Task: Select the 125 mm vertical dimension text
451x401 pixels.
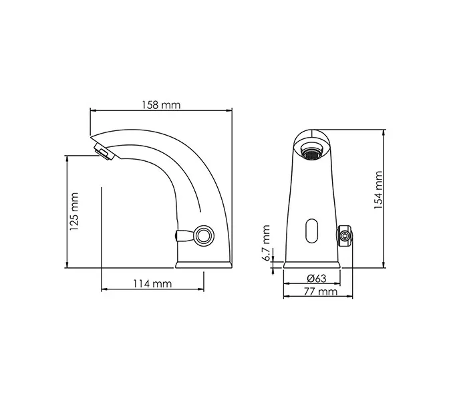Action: point(74,211)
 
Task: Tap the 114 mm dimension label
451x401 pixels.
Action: point(152,283)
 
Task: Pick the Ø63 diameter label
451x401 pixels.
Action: point(317,279)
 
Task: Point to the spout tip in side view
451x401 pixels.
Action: point(104,151)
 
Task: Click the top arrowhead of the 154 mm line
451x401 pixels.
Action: point(384,132)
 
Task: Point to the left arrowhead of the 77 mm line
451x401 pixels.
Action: point(285,297)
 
